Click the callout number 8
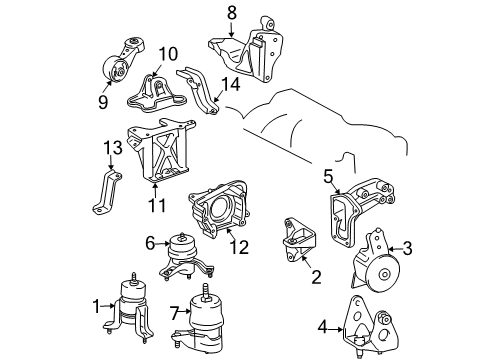click(232, 13)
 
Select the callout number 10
click(167, 53)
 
